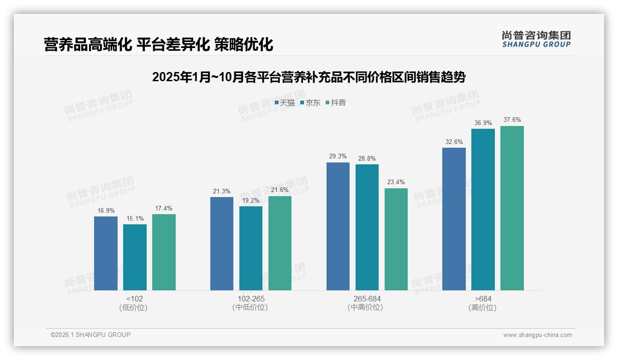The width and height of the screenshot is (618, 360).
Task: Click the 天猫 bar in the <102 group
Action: [106, 253]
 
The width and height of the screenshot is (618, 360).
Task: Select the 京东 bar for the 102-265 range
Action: [251, 248]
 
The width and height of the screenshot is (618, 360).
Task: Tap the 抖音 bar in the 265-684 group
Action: [396, 239]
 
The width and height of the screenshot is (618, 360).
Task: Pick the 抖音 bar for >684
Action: [512, 208]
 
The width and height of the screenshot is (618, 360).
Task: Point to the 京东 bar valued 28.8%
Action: [367, 227]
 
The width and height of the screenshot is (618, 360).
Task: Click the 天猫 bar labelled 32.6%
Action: [454, 219]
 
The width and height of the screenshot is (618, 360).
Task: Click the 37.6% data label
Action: [512, 120]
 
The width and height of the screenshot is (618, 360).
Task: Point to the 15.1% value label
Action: [135, 218]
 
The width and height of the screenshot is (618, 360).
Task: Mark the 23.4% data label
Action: [396, 182]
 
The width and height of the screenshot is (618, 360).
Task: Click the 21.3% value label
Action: [222, 191]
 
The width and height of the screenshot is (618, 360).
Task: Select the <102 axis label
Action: [135, 299]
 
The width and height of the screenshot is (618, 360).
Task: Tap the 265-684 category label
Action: [367, 299]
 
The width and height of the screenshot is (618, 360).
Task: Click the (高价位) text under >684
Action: [482, 308]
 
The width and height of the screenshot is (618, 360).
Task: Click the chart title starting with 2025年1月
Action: [309, 77]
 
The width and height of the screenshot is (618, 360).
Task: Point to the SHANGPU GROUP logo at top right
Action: [536, 39]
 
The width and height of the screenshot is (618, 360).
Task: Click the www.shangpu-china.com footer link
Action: [537, 335]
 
